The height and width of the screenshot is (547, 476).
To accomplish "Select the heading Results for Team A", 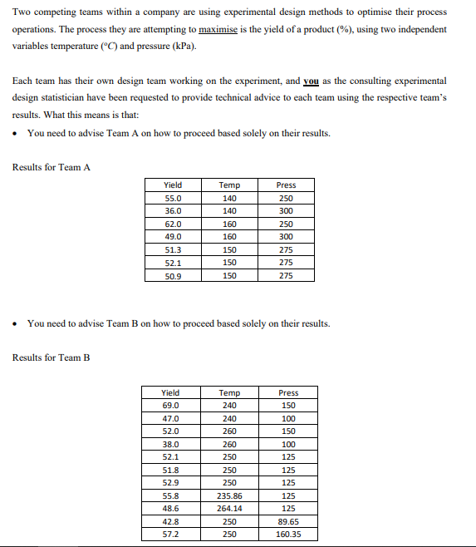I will coord(52,167).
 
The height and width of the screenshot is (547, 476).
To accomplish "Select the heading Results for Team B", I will coord(52,357).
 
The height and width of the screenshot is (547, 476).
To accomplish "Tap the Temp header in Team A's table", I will coord(229,185).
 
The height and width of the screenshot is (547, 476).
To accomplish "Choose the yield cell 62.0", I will coord(173,224).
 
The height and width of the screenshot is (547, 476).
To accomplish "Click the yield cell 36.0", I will coord(173,211).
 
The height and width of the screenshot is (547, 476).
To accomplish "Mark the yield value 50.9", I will coord(173,276).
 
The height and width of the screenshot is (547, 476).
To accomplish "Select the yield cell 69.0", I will coord(169,406).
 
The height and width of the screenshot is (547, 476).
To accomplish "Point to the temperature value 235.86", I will coord(229,495).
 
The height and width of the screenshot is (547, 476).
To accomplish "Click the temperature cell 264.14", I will coord(229,508).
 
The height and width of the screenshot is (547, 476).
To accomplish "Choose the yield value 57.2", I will coord(169,535).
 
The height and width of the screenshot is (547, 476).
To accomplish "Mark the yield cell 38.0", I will coord(169,444).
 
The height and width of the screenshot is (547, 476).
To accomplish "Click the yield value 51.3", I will coord(173,250).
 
